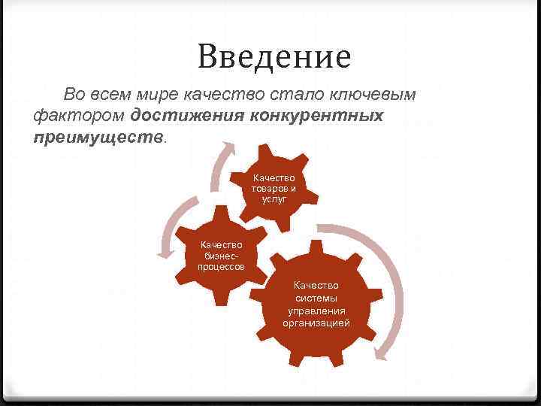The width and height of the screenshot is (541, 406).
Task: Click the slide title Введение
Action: point(274,56)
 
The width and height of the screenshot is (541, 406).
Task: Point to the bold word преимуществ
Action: point(98,138)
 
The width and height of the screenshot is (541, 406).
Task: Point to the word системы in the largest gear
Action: point(316,298)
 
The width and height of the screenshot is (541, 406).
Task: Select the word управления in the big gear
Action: point(316,311)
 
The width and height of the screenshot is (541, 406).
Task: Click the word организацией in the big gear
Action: point(316,323)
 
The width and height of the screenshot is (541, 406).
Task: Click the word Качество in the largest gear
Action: point(316,286)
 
